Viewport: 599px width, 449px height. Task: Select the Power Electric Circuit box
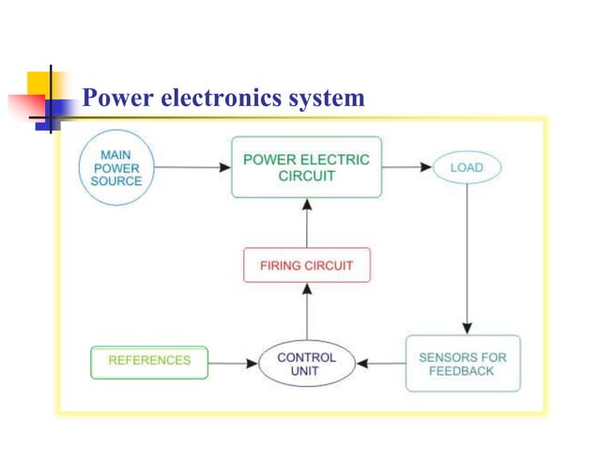click(307, 167)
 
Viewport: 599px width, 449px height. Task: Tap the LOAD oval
click(467, 168)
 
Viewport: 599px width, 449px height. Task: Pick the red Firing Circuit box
click(307, 265)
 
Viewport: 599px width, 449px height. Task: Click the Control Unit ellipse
click(306, 364)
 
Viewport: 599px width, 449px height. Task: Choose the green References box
click(149, 361)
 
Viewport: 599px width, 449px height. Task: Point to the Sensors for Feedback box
click(462, 364)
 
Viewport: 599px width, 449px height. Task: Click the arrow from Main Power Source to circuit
click(192, 168)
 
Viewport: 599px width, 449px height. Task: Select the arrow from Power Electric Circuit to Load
click(407, 168)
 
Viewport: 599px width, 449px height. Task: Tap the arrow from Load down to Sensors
click(467, 254)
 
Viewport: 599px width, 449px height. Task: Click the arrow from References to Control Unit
click(233, 363)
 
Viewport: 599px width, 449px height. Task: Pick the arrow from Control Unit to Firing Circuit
click(307, 312)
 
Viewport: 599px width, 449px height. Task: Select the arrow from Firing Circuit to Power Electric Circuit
click(307, 223)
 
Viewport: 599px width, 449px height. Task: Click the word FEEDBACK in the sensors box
click(462, 371)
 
